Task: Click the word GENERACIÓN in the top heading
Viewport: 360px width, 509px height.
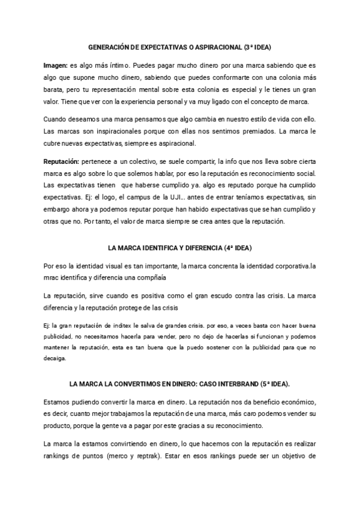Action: (110, 46)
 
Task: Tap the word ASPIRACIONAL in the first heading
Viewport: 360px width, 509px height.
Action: (215, 46)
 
